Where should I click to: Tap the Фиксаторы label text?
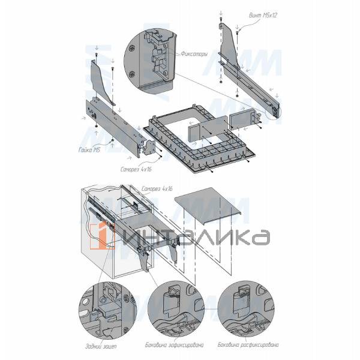tap(194, 54)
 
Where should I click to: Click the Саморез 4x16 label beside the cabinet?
tap(157, 189)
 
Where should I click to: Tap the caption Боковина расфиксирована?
tap(248, 344)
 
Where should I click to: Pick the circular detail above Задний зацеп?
tap(107, 308)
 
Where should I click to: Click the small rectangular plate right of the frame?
tap(243, 119)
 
